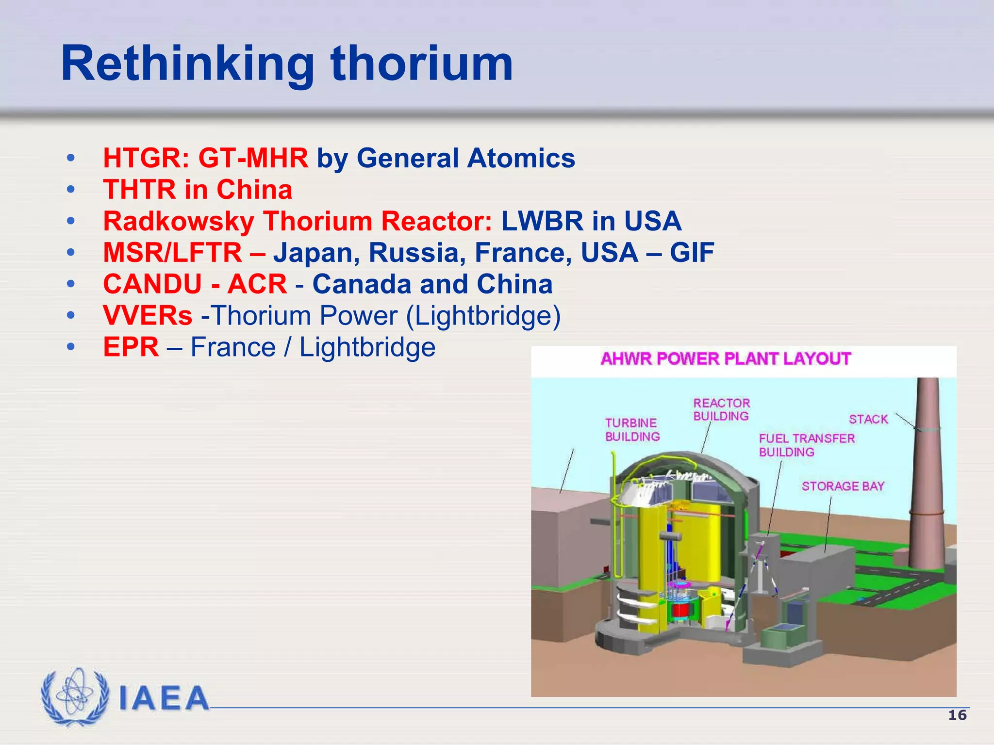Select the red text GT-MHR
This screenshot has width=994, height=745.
point(253,158)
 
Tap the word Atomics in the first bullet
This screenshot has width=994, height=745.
point(521,158)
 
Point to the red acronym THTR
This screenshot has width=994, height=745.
point(139,190)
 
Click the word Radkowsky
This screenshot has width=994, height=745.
point(179,221)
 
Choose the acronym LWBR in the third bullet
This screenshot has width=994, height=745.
point(542,221)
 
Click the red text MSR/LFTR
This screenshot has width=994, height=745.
point(172,253)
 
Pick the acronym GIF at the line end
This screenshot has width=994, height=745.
point(692,253)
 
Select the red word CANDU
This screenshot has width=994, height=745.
point(152,284)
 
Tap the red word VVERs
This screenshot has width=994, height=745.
point(148,316)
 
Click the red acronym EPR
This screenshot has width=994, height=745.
point(131,347)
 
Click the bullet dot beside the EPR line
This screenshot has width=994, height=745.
point(71,347)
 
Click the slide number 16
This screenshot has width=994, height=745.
point(957,715)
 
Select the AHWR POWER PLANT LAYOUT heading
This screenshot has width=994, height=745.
point(726,359)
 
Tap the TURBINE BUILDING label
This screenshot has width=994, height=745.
point(632,430)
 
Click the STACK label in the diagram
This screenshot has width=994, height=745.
point(868,419)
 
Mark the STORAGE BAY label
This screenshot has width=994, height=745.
point(843,486)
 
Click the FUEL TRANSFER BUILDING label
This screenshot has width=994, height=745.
point(806,445)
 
